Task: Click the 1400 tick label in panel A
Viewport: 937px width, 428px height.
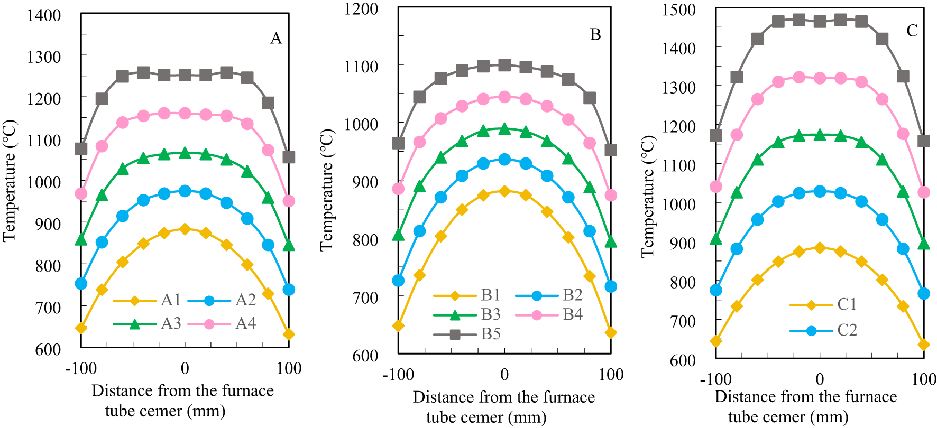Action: click(x=44, y=15)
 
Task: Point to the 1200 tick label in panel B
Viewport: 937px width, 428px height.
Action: click(x=361, y=9)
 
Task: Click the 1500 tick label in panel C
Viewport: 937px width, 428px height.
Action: click(x=679, y=10)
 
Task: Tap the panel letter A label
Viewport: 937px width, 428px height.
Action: click(x=276, y=39)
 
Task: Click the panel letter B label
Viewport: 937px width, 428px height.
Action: click(x=595, y=35)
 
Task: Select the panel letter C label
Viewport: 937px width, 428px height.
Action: click(x=912, y=31)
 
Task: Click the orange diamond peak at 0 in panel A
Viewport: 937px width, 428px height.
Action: click(x=185, y=229)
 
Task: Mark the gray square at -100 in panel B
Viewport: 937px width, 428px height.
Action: click(x=398, y=143)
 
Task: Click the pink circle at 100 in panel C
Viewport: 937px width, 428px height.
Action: click(x=923, y=192)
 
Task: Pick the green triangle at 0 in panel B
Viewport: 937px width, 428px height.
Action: click(x=504, y=129)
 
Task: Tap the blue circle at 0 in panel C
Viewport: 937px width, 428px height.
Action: click(x=820, y=191)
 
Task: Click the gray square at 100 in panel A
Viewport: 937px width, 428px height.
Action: click(x=289, y=157)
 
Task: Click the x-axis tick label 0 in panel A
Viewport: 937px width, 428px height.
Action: click(x=185, y=368)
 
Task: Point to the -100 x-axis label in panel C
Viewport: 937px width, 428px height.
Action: click(x=715, y=379)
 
